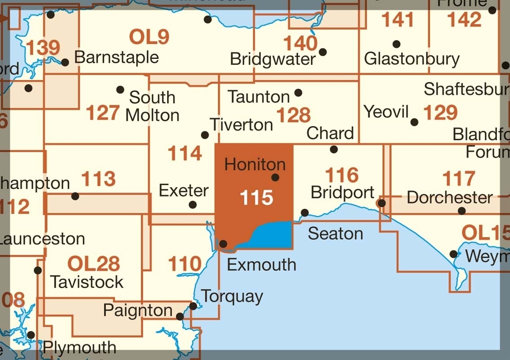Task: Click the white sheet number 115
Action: coord(257,198)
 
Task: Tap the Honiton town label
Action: coord(255,165)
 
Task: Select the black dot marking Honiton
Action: coord(275,178)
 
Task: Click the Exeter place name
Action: coord(184,191)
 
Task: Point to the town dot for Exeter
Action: coord(192,205)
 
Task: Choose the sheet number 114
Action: coord(184,154)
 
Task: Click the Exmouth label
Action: coord(261,264)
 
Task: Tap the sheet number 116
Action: coord(342,175)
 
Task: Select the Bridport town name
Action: coord(343,193)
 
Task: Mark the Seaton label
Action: coord(336,234)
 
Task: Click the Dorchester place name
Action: coord(450,198)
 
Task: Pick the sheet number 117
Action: coord(459,179)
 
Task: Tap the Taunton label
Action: coord(259,97)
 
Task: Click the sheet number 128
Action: coord(294,115)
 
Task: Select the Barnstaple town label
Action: coord(116,58)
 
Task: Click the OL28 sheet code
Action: coord(94,263)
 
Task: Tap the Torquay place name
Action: coord(232,297)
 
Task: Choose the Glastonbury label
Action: coord(412,59)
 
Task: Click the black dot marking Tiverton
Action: coord(205,135)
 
